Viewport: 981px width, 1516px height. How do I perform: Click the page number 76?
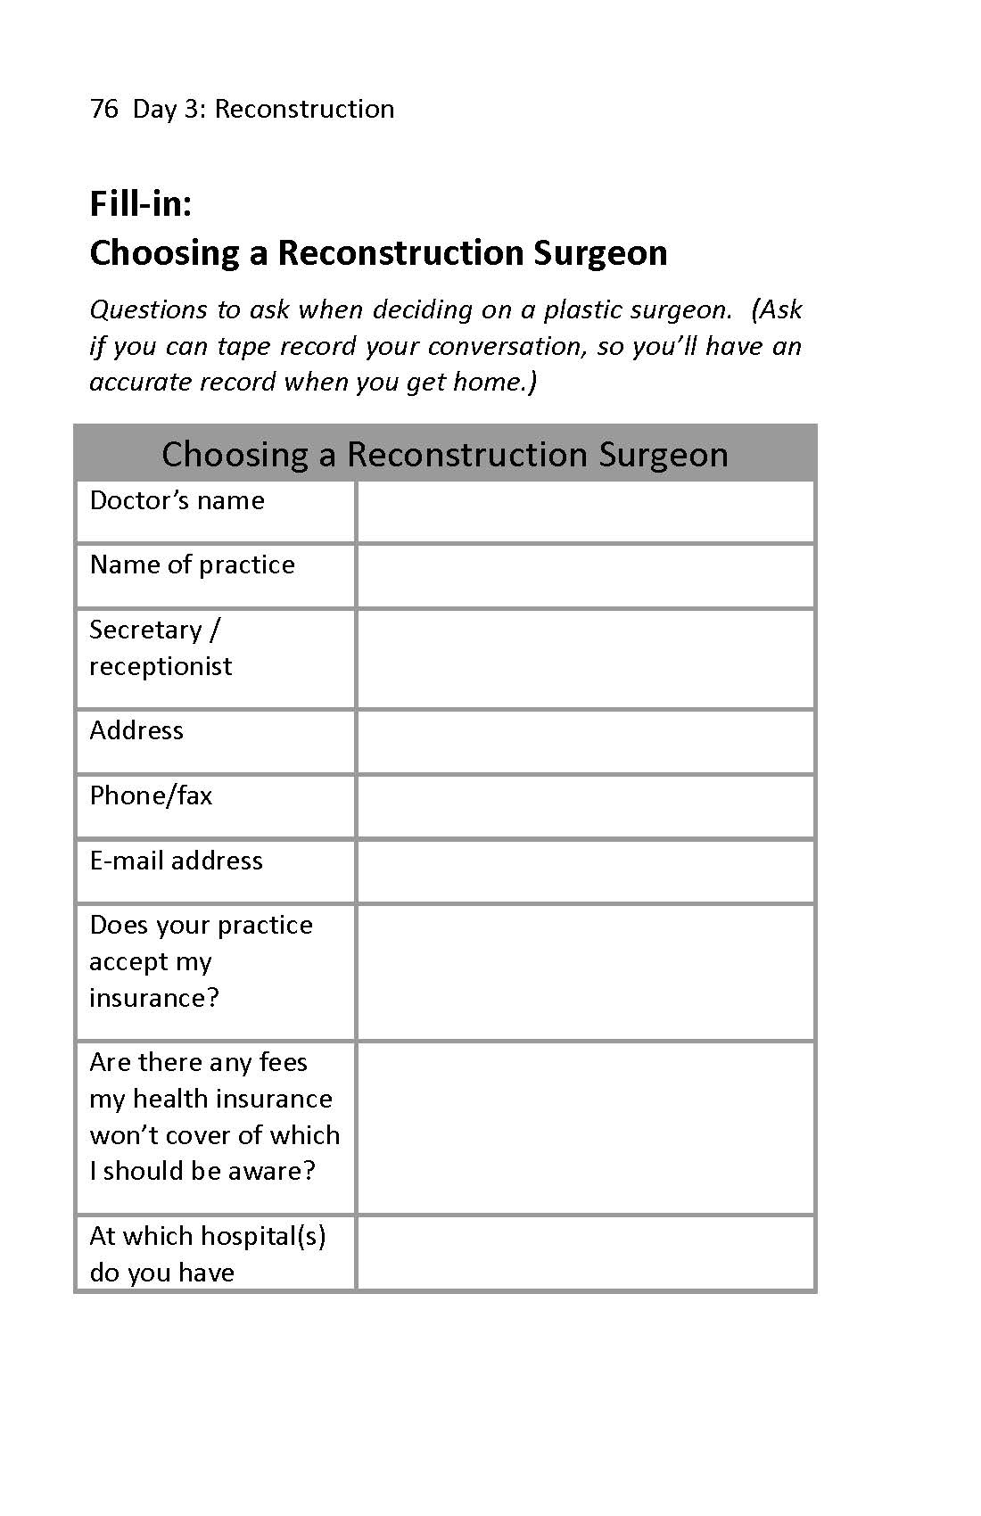click(x=103, y=109)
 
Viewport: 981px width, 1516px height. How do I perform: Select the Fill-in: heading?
click(x=141, y=204)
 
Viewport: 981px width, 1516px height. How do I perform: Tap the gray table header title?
click(x=445, y=454)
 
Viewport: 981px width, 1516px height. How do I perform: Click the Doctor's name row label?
click(x=177, y=500)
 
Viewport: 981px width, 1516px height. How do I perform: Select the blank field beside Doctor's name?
click(x=585, y=512)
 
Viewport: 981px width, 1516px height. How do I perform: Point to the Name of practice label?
click(x=192, y=564)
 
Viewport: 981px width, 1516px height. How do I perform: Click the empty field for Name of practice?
click(x=585, y=576)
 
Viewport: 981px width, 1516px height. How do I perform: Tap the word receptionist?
click(x=161, y=666)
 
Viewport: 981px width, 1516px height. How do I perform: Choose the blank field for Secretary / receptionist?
click(x=585, y=659)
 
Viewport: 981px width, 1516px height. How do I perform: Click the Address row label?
click(x=136, y=730)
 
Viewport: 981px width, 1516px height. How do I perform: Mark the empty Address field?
click(x=585, y=742)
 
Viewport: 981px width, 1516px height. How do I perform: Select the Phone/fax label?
click(x=151, y=795)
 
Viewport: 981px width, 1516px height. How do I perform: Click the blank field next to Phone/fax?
click(x=585, y=807)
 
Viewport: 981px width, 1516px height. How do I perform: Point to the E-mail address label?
click(x=176, y=861)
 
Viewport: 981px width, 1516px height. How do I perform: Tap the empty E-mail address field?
click(x=585, y=871)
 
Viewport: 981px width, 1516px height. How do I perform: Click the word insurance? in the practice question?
click(x=153, y=998)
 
